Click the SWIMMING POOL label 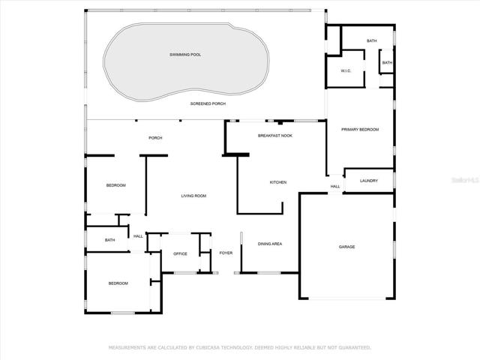(x=185, y=55)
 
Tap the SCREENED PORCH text (x=208, y=103)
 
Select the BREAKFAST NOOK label (x=275, y=136)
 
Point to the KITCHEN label (x=278, y=182)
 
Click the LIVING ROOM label (x=193, y=196)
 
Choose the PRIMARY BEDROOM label (x=360, y=130)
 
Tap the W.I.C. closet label (x=346, y=71)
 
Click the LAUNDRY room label (x=368, y=181)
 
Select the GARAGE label (x=346, y=247)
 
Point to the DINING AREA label (x=270, y=244)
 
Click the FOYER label (x=226, y=253)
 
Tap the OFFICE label (x=180, y=254)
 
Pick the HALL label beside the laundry (x=335, y=187)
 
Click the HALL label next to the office (x=138, y=236)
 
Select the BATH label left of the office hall (x=110, y=240)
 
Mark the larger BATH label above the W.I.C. (x=372, y=40)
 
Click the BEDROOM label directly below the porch (x=116, y=185)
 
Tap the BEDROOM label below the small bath (x=118, y=283)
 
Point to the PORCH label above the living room (x=155, y=138)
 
